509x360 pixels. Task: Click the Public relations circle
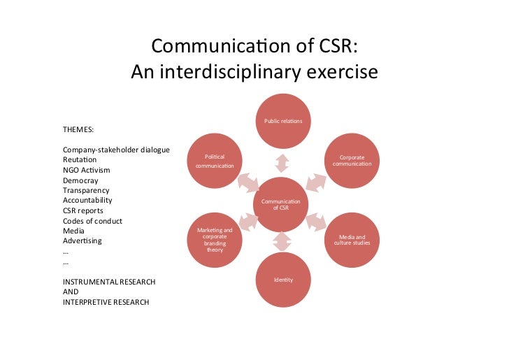pos(282,122)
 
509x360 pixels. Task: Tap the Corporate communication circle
pos(352,161)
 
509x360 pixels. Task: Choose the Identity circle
pos(282,280)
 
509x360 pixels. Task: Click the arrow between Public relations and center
pos(282,163)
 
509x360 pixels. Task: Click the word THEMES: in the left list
pos(79,130)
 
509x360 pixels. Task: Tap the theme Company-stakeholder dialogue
pos(116,150)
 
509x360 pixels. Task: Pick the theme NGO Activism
pos(86,170)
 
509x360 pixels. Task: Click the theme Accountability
pos(87,200)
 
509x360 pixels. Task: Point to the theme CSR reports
pos(83,210)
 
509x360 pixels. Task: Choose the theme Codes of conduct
pos(92,221)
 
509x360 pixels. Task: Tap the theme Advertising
pos(82,241)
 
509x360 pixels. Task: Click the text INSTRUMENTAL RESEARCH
pos(109,282)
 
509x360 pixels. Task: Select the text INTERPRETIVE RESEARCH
pos(106,303)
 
